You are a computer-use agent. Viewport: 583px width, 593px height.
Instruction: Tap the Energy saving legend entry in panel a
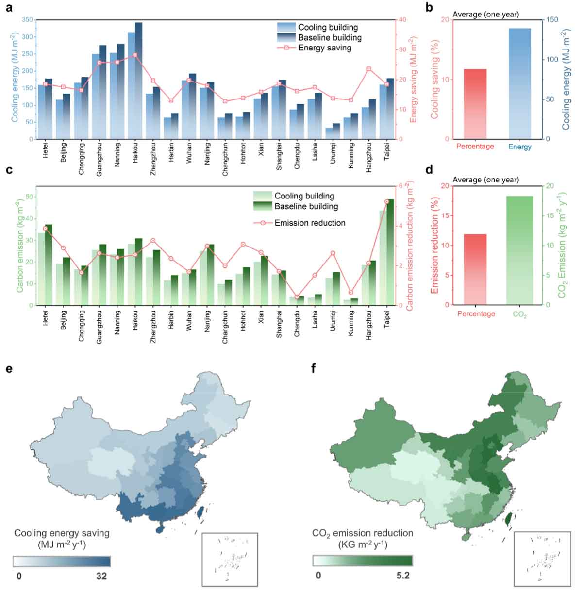[x=324, y=48]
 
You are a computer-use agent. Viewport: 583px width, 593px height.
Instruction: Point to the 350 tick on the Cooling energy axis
[x=28, y=20]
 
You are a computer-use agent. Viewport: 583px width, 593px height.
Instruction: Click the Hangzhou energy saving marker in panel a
[x=369, y=69]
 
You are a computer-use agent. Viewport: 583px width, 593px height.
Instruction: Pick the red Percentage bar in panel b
[x=475, y=104]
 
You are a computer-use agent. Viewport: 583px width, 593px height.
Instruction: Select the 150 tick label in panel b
[x=553, y=20]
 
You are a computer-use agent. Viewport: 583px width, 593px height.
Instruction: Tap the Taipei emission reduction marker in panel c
[x=387, y=201]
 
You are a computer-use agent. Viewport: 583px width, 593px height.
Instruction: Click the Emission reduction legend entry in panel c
[x=310, y=223]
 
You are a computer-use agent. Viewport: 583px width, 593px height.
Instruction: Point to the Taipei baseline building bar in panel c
[x=390, y=252]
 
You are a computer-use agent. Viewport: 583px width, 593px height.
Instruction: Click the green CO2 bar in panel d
[x=519, y=250]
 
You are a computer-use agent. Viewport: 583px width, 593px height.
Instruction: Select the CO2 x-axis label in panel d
[x=519, y=315]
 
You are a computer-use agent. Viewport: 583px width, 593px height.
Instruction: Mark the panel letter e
[x=8, y=368]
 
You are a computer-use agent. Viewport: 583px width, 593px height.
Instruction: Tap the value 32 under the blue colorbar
[x=101, y=577]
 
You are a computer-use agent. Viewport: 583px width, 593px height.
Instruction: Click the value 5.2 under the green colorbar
[x=403, y=576]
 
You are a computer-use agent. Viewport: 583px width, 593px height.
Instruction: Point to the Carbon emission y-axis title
[x=20, y=246]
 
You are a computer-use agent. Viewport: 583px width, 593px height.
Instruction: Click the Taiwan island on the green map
[x=508, y=519]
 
